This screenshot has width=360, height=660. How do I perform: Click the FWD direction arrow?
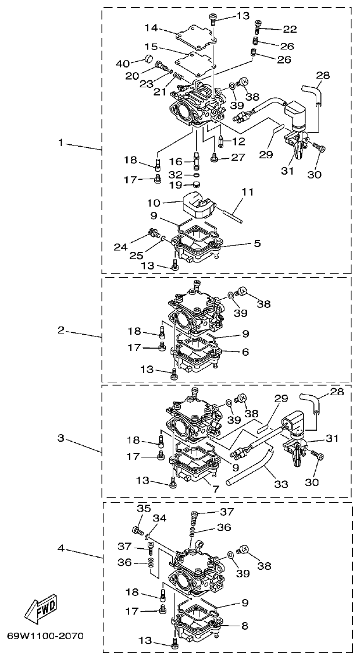coord(41,611)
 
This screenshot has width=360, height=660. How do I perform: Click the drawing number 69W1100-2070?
coord(45,636)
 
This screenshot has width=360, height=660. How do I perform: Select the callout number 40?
coord(123,63)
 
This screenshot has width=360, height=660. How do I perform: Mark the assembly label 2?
coord(61,330)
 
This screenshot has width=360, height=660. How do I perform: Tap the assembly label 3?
coord(62,438)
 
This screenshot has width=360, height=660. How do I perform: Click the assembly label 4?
coord(62,548)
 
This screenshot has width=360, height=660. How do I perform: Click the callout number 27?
coord(239,157)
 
